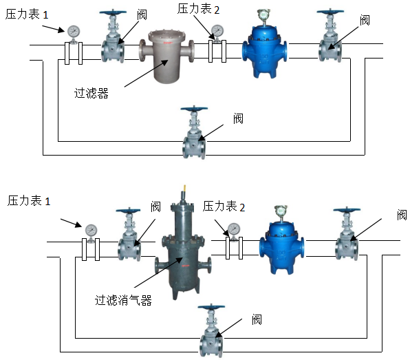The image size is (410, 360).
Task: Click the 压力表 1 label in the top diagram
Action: [27, 14]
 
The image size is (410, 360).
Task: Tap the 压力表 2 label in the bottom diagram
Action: [224, 207]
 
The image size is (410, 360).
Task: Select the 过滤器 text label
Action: [91, 94]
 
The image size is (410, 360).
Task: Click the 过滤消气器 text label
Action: [123, 300]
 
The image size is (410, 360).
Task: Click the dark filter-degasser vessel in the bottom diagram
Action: [183, 251]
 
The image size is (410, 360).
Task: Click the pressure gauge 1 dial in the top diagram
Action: [74, 32]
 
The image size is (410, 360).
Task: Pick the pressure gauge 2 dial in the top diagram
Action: [217, 30]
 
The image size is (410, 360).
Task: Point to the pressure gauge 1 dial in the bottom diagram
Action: [91, 231]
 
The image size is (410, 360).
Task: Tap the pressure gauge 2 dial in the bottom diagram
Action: [234, 229]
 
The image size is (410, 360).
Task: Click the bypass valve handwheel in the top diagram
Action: [194, 108]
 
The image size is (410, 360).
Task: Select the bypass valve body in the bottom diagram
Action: [211, 340]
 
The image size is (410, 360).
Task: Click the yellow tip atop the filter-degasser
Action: [184, 189]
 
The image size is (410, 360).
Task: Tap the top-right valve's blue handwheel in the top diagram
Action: [330, 12]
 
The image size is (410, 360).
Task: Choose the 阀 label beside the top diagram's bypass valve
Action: [238, 119]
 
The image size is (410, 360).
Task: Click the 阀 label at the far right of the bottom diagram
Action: [402, 215]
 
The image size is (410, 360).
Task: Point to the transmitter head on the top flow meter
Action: [263, 14]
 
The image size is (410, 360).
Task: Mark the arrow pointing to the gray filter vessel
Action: [146, 73]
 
